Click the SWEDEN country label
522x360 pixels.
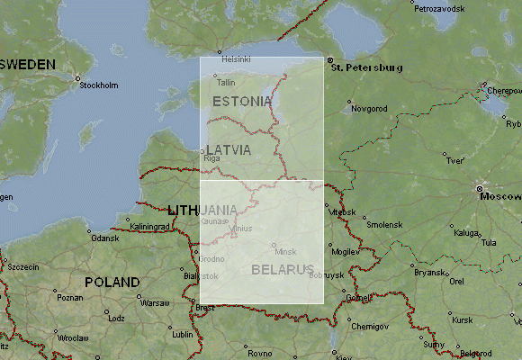click(30, 65)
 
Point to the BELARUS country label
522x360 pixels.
click(283, 269)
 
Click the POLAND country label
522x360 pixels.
click(112, 282)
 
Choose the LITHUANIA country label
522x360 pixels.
click(202, 210)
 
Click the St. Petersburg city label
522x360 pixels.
click(366, 67)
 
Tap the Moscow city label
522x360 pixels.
click(500, 196)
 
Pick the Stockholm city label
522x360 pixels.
click(99, 85)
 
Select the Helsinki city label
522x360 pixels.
click(235, 58)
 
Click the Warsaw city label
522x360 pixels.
click(155, 303)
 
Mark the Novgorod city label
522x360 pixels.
click(369, 109)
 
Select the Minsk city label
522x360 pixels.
click(285, 251)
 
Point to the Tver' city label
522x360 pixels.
click(455, 160)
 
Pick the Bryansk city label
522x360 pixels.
click(431, 272)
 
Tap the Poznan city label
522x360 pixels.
click(69, 298)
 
